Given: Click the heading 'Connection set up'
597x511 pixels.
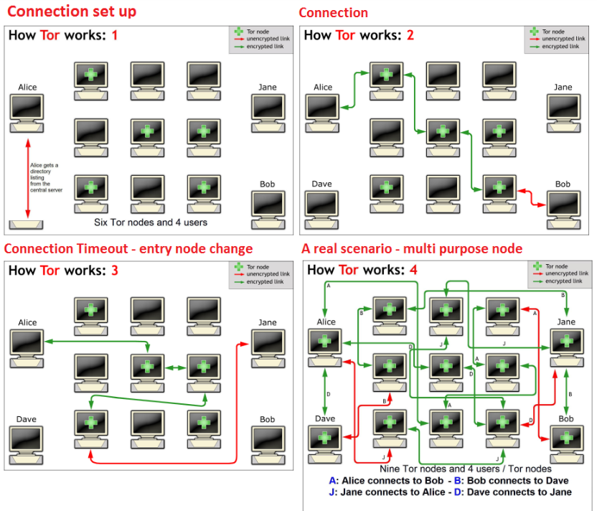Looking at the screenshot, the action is click(72, 11).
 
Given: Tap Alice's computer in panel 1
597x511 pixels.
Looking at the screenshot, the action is click(27, 113).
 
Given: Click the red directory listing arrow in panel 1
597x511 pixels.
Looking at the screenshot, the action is click(28, 178).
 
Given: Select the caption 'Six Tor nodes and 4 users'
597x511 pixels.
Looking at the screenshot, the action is click(151, 222).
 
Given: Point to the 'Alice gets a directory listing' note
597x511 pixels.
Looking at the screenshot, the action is click(46, 177).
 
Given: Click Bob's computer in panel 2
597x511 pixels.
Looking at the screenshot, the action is click(563, 210).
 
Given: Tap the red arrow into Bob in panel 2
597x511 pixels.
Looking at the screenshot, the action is click(532, 197).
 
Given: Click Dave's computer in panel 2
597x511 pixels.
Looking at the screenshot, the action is click(321, 210).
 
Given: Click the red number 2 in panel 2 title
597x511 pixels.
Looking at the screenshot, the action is click(410, 35).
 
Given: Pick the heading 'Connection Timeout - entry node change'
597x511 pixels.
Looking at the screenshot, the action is click(128, 248).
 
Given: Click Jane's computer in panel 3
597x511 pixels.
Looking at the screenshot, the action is click(268, 348).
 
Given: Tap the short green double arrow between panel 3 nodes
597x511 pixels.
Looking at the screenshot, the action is click(175, 368).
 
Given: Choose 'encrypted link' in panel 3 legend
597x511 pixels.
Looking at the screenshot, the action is click(265, 282).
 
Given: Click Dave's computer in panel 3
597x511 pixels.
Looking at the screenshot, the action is click(26, 446).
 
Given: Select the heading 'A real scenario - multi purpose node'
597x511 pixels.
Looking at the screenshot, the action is click(412, 248).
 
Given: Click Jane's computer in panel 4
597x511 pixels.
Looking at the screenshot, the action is click(567, 347).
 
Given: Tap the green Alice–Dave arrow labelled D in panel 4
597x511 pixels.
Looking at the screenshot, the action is click(325, 392).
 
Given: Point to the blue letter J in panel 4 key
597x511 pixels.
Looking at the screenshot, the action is click(332, 492).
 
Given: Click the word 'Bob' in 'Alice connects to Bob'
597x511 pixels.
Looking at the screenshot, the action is click(435, 481).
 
